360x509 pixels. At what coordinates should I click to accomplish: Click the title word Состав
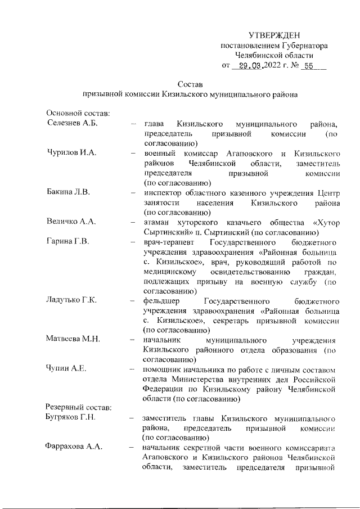[190, 84]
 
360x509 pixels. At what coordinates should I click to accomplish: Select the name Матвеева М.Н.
[73, 339]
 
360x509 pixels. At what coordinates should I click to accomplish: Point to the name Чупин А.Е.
[66, 369]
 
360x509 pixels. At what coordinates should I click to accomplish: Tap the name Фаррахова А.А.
[74, 447]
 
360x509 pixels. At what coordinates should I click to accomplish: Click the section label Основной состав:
[74, 114]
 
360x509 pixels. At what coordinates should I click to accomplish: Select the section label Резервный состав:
[75, 408]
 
